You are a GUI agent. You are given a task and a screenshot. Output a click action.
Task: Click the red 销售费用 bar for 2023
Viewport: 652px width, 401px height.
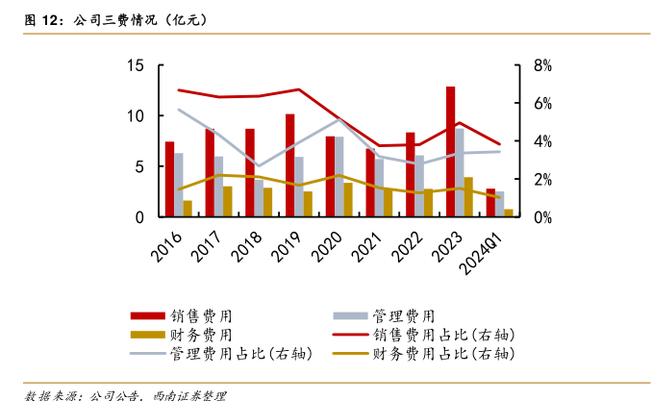tap(450, 152)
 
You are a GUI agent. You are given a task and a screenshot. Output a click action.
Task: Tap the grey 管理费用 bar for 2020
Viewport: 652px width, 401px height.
tap(339, 177)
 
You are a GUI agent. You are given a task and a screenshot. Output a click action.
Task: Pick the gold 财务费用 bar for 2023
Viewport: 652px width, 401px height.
tap(468, 197)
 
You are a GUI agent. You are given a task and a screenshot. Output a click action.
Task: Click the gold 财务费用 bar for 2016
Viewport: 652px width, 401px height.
tap(188, 209)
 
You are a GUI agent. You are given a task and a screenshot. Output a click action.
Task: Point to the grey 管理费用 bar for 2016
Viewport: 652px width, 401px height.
tap(179, 185)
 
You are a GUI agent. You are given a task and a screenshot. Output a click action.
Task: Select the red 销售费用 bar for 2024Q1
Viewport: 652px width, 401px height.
tap(490, 203)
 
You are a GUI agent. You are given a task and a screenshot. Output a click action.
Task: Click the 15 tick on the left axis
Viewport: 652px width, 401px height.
tap(136, 65)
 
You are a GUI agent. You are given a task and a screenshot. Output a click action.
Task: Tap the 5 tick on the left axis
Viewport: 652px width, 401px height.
tap(139, 166)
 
